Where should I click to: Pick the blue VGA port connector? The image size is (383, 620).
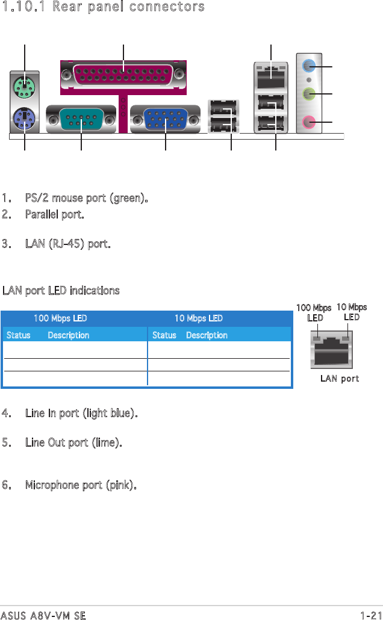click(164, 120)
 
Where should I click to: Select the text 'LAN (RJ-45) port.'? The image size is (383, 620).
click(67, 245)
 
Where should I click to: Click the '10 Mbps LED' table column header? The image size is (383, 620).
click(199, 318)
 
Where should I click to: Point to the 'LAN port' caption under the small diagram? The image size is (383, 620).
click(340, 379)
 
